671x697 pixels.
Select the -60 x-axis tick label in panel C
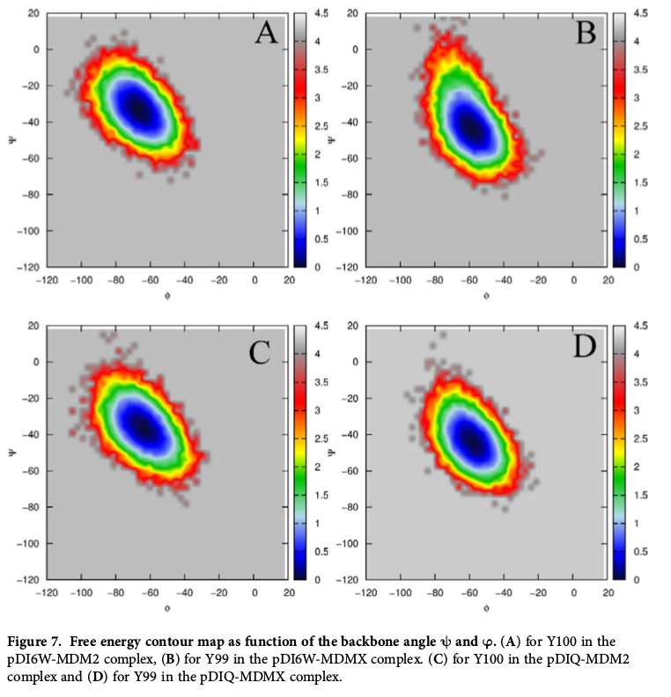(150, 593)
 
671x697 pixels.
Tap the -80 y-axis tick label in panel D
(350, 508)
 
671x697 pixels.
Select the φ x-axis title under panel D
(486, 606)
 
